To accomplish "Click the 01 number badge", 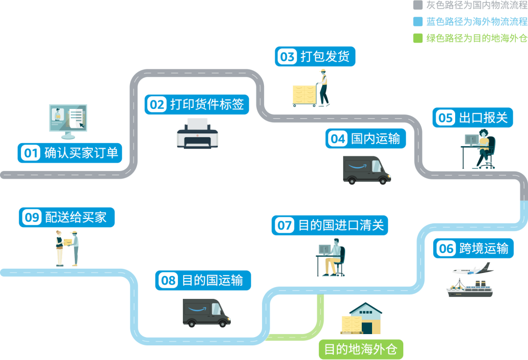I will click(31, 153).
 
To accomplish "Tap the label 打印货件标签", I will click(206, 105).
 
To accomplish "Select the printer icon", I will click(198, 134).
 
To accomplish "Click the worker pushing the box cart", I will click(322, 88).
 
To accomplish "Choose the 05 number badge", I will click(445, 118).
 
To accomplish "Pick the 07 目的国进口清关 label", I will click(330, 226).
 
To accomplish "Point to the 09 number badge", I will click(32, 217).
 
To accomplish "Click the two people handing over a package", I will click(67, 248).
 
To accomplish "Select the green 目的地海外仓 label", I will click(361, 349).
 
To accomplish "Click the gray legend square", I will click(418, 5).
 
